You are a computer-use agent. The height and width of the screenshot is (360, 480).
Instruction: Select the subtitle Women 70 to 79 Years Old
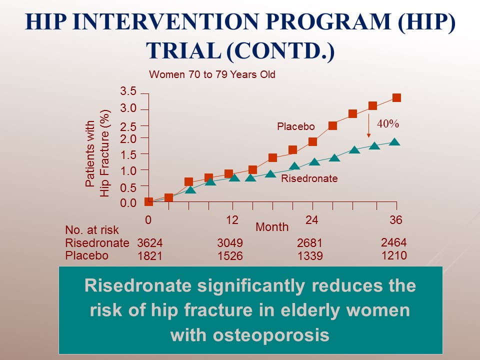212,75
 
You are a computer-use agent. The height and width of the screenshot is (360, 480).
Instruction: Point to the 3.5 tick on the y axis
128,91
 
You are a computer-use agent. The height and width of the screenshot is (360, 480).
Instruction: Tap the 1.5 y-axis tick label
128,154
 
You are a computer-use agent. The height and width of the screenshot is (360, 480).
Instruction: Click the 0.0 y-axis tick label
128,203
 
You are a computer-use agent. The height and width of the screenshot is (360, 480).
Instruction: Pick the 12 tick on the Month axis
232,220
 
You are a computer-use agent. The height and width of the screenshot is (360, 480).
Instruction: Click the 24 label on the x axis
312,220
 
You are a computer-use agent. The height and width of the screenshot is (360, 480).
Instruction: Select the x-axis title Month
272,227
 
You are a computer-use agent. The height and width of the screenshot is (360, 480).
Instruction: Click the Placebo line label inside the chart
296,127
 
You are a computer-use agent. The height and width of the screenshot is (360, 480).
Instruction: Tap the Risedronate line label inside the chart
309,178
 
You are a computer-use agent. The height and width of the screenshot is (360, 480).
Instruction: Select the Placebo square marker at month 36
396,97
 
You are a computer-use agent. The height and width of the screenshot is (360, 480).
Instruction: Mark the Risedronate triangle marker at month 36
394,141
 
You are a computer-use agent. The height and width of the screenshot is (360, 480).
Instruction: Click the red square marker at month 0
148,201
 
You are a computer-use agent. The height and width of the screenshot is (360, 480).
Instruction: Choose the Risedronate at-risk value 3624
150,243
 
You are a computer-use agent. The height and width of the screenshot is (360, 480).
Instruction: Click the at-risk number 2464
394,242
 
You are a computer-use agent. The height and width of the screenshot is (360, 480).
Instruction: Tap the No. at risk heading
92,230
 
